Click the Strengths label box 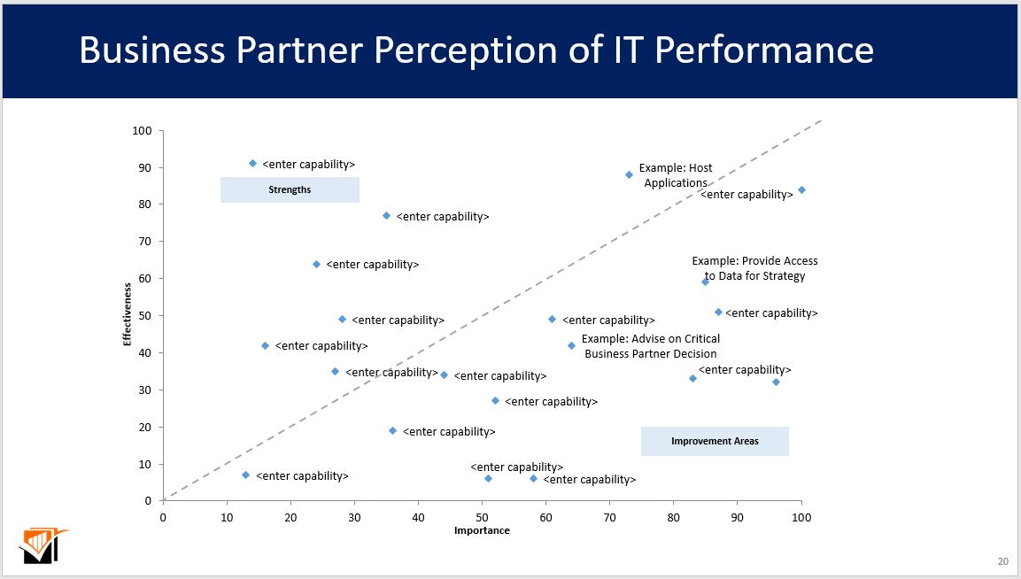click(x=290, y=189)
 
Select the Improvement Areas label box click(x=715, y=441)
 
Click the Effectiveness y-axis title click(x=128, y=314)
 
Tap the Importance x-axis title click(x=482, y=530)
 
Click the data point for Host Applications click(x=629, y=174)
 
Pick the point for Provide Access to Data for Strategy click(x=705, y=282)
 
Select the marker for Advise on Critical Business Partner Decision click(x=571, y=345)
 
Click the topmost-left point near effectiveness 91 click(x=252, y=164)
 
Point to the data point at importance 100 click(x=801, y=189)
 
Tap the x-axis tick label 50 click(x=482, y=516)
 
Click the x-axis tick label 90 click(x=737, y=516)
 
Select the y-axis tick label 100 click(x=142, y=131)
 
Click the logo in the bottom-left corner click(x=43, y=545)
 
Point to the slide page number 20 click(x=1002, y=561)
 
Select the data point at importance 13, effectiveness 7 click(x=245, y=475)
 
